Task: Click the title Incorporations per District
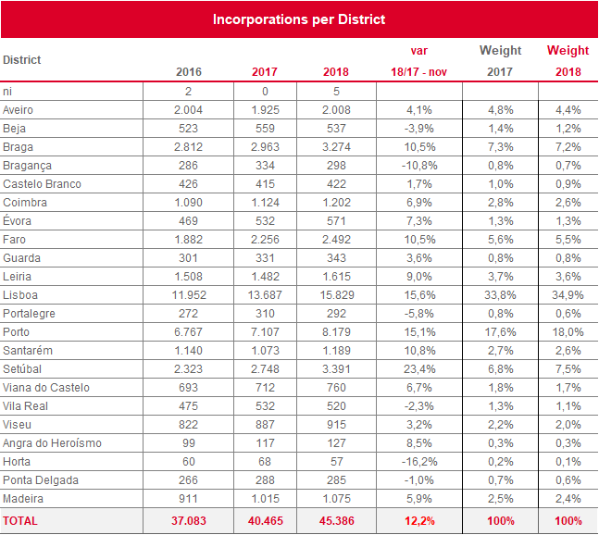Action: click(x=299, y=19)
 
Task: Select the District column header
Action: click(x=22, y=60)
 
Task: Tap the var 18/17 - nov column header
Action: click(x=419, y=61)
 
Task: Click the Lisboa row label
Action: click(x=20, y=295)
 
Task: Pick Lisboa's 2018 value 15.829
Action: click(x=337, y=295)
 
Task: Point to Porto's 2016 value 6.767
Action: click(x=188, y=332)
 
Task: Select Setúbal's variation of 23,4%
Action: click(x=419, y=369)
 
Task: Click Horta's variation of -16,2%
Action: click(x=419, y=462)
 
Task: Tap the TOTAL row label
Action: click(x=20, y=521)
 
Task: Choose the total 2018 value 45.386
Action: click(x=337, y=521)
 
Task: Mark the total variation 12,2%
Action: click(x=419, y=521)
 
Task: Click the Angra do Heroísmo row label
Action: click(x=53, y=443)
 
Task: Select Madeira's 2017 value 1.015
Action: click(x=265, y=499)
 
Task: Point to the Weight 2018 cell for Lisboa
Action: click(x=568, y=295)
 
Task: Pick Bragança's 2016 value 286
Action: click(x=188, y=166)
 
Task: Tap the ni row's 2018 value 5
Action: click(x=337, y=92)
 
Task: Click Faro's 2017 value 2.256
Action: click(x=265, y=240)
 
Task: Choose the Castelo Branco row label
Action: click(x=42, y=184)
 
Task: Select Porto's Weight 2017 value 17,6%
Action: click(x=501, y=332)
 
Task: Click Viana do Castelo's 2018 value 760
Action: click(x=337, y=388)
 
